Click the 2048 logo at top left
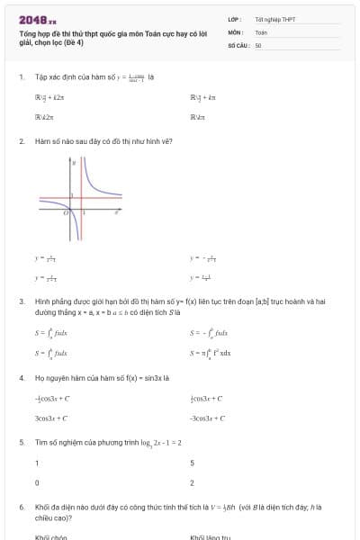(x=37, y=19)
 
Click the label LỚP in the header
(x=233, y=19)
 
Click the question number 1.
(x=21, y=77)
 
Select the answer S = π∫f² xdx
(x=211, y=354)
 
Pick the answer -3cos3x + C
(x=208, y=418)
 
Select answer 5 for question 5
(x=193, y=463)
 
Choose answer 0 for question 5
(x=37, y=483)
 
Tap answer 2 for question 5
(x=193, y=483)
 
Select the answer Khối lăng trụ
(x=211, y=536)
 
